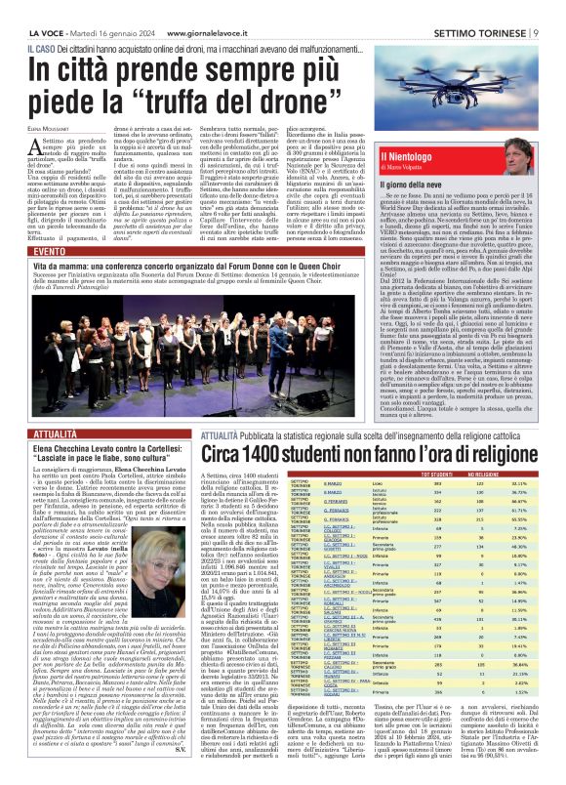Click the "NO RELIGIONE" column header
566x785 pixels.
(x=496, y=474)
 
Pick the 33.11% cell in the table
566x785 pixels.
(x=519, y=482)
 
